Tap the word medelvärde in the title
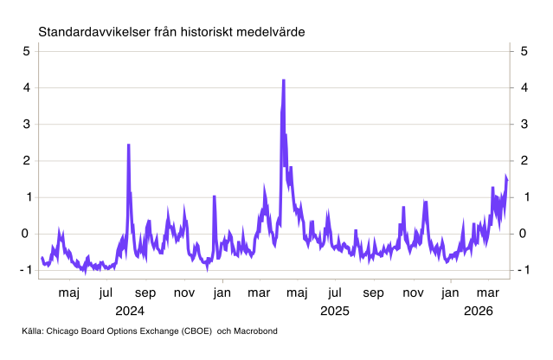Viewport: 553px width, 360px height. (275, 32)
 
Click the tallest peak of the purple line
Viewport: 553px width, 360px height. (284, 80)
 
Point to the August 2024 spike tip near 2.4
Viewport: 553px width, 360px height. (128, 145)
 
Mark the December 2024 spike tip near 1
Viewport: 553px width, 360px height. (214, 196)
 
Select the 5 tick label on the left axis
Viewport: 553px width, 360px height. (27, 51)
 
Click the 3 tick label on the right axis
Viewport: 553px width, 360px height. (524, 124)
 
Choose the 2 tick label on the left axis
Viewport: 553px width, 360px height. (27, 161)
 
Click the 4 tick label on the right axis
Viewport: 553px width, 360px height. (524, 87)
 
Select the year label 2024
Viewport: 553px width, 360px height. (130, 309)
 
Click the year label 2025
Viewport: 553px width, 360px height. (334, 309)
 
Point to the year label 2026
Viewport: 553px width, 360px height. (478, 309)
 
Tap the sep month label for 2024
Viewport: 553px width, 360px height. (145, 292)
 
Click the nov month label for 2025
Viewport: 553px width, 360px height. (412, 292)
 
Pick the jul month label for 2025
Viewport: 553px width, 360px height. (335, 292)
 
